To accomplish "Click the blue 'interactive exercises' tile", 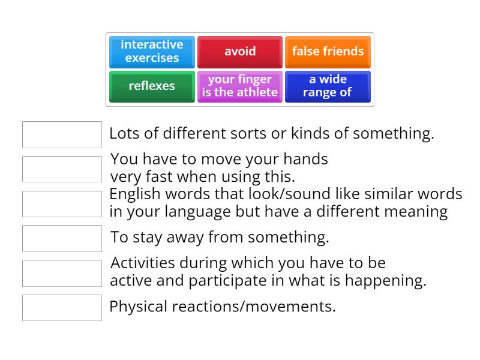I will coord(152,52).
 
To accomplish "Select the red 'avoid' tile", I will coord(240,52).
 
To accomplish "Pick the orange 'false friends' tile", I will coord(328,52).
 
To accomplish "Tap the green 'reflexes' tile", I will coord(152,86).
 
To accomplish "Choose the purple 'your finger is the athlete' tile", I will coord(240,86).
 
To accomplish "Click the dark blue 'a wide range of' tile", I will coord(328,86).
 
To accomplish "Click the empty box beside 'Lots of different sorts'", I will coord(62,134).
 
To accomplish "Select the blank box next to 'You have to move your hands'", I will coord(62,169).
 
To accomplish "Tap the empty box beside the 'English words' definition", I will coord(62,204).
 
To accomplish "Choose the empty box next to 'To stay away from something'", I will coord(62,238).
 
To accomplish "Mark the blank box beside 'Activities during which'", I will coord(62,273).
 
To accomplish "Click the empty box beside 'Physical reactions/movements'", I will coord(62,307).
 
